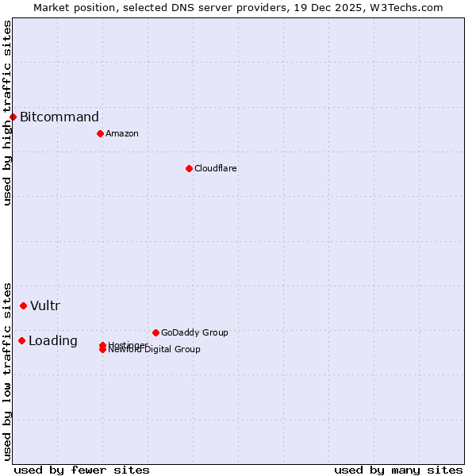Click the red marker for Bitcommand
click(x=13, y=117)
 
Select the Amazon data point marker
click(x=100, y=133)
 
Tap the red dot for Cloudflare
click(x=189, y=168)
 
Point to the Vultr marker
click(x=23, y=305)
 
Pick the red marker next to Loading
click(x=21, y=340)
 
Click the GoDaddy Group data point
click(x=155, y=332)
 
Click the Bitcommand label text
click(x=59, y=117)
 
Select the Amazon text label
click(x=122, y=133)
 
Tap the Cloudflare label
click(x=216, y=168)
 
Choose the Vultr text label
click(x=45, y=306)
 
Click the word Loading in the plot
click(x=53, y=341)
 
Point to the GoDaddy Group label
click(x=194, y=332)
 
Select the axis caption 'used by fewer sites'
click(x=82, y=470)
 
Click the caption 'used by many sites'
click(x=398, y=470)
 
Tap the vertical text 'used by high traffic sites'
click(x=7, y=113)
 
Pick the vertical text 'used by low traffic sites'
click(x=7, y=370)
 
